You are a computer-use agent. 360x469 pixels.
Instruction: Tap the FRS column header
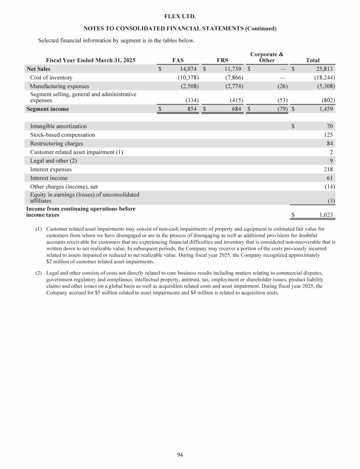point(223,61)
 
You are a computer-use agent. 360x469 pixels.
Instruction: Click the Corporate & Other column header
point(267,58)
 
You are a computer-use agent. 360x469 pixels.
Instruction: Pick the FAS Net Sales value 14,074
point(188,69)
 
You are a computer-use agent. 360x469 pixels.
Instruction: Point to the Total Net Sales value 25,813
point(323,69)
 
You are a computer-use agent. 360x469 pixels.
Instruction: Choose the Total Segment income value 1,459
point(324,109)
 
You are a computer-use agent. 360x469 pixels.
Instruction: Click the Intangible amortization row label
point(58,127)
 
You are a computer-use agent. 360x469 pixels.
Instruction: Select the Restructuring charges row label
point(57,144)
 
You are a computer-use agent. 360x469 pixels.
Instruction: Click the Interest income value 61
point(330,178)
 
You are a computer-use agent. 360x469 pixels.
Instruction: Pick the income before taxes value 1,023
point(324,215)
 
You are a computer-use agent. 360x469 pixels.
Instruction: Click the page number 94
point(180,454)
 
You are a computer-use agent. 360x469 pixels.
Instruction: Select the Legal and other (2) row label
point(53,161)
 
